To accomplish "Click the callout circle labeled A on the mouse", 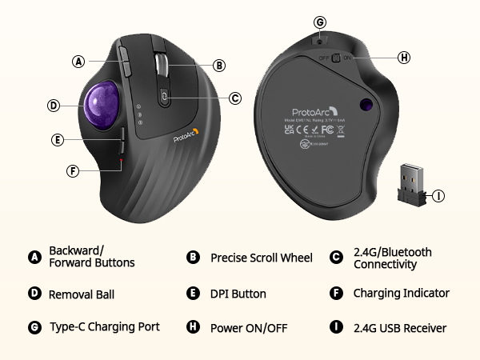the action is (78, 61).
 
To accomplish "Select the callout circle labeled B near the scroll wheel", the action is (219, 66).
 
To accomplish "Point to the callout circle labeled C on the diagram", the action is (234, 98).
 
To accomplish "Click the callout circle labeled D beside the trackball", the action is (53, 105).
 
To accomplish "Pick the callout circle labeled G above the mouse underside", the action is (320, 22).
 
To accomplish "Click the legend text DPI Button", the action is (238, 294).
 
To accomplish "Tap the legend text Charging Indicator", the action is (401, 293).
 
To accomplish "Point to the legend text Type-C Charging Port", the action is (104, 326).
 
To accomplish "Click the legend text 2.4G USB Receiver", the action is (400, 327).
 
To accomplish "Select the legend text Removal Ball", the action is (82, 294).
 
